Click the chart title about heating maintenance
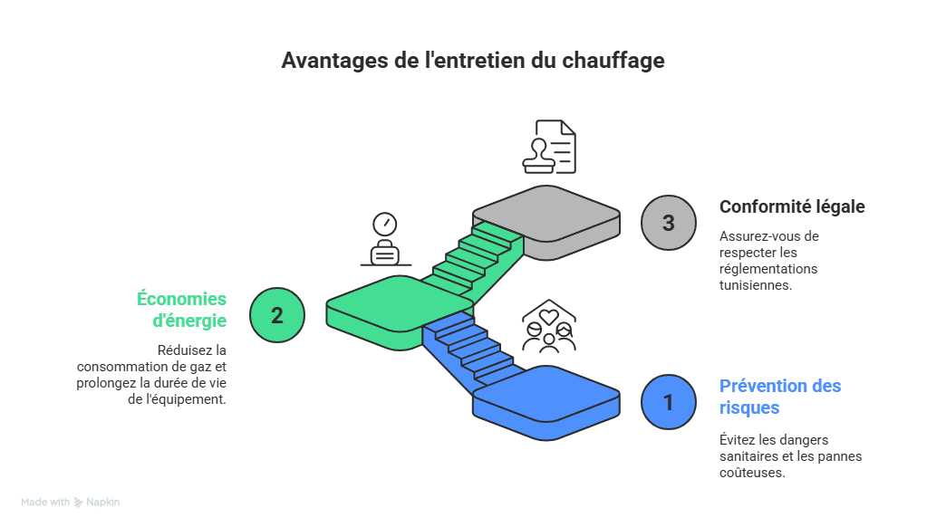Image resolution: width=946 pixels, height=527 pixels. point(472,61)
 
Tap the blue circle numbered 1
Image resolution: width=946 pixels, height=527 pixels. point(669,402)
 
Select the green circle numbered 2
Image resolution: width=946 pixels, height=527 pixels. point(276,315)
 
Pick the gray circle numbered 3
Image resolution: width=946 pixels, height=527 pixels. point(669,223)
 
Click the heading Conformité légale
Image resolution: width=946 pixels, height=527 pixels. point(792,206)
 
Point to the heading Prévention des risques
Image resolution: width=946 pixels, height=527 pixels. point(780,397)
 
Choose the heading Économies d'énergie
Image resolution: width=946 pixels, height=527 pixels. point(182,309)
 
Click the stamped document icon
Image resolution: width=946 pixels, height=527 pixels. point(548,146)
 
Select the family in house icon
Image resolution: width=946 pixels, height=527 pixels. point(549,325)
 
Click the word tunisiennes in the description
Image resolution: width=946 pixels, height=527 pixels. point(756,284)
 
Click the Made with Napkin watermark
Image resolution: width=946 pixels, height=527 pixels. point(71,502)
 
